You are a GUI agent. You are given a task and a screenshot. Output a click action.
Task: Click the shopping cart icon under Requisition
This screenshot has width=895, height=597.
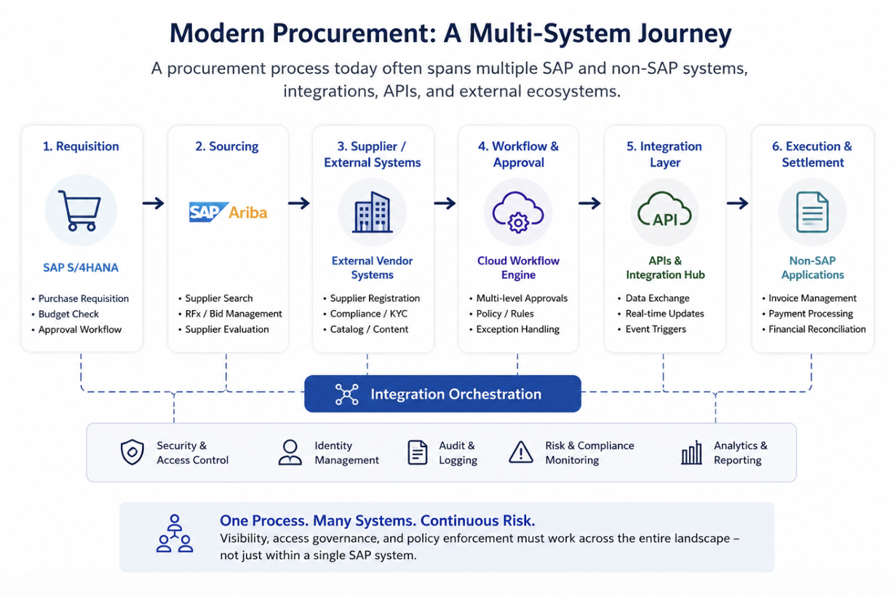click(80, 210)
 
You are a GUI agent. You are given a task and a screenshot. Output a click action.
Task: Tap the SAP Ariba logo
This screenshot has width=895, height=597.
click(228, 212)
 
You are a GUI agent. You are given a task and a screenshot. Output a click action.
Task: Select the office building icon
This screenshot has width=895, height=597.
click(372, 212)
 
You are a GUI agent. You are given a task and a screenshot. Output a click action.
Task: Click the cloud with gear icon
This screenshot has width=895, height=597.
click(518, 213)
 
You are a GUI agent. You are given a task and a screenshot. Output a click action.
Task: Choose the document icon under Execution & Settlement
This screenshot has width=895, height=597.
click(812, 212)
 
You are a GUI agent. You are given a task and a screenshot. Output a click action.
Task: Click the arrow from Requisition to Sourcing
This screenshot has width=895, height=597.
click(154, 203)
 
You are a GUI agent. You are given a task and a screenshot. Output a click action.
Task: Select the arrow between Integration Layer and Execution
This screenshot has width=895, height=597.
click(738, 203)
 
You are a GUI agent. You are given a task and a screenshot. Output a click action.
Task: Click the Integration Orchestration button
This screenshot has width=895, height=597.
click(442, 394)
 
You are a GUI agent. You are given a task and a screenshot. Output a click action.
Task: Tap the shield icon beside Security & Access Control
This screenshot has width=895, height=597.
click(132, 452)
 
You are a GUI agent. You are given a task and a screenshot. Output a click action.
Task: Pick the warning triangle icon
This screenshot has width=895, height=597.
click(520, 452)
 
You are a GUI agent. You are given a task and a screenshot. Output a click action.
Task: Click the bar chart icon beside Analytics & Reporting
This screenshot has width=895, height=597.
click(691, 453)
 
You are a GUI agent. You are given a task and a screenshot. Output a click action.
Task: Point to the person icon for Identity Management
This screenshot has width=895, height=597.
click(290, 452)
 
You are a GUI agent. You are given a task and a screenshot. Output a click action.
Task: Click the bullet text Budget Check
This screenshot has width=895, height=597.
click(68, 314)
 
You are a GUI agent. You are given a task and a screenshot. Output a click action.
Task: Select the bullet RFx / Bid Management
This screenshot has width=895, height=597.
click(234, 314)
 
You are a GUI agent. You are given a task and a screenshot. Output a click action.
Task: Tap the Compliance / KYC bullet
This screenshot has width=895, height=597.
click(369, 314)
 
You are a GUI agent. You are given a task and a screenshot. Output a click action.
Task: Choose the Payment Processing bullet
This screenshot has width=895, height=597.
click(811, 314)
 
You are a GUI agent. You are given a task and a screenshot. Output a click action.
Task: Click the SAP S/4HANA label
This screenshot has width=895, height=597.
click(81, 267)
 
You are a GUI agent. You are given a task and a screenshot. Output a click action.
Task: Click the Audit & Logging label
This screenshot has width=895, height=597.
click(458, 453)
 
